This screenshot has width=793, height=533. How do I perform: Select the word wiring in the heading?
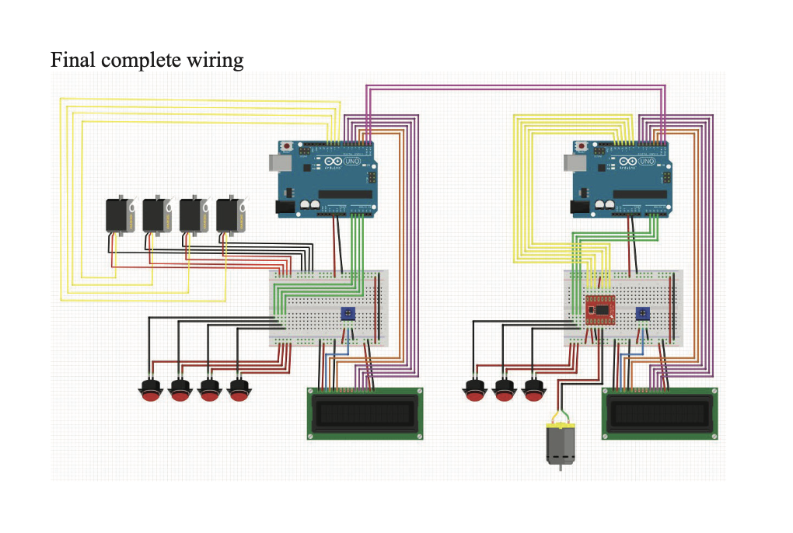pyautogui.click(x=215, y=61)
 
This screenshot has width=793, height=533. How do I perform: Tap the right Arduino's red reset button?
pyautogui.click(x=582, y=146)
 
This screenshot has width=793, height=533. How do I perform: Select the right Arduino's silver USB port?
pyautogui.click(x=574, y=162)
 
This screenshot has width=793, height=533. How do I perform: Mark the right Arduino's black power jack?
pyautogui.click(x=580, y=207)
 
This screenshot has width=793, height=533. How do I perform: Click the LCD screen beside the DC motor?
pyautogui.click(x=659, y=413)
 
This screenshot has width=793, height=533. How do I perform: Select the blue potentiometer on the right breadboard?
pyautogui.click(x=642, y=314)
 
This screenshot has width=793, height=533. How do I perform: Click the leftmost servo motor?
pyautogui.click(x=121, y=215)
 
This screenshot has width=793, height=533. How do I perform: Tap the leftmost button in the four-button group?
pyautogui.click(x=150, y=391)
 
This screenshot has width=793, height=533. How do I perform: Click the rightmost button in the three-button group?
pyautogui.click(x=533, y=391)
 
